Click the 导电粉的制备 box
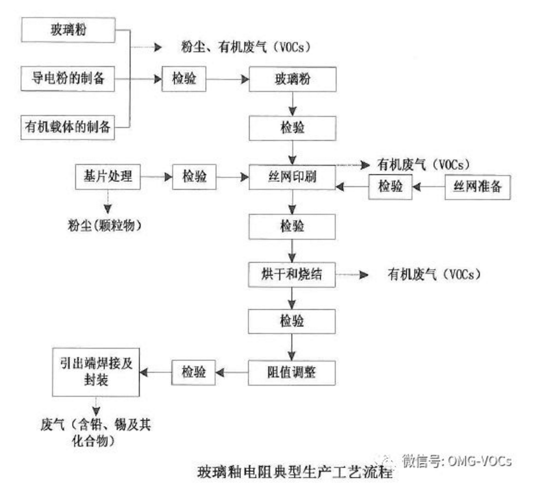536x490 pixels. [68, 79]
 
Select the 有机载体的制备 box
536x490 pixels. [68, 126]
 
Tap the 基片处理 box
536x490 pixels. [108, 176]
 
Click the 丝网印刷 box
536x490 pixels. [292, 177]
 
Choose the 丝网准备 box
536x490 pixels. [477, 187]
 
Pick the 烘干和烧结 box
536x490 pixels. [292, 275]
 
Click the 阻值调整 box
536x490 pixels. [292, 373]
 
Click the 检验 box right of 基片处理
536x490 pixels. [194, 176]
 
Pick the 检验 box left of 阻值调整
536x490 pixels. [194, 373]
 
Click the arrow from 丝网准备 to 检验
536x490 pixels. [428, 187]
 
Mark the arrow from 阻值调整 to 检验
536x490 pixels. [232, 373]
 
